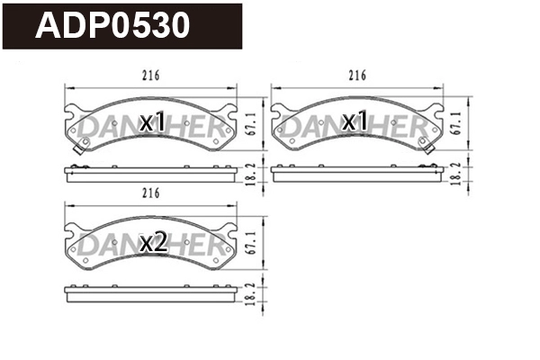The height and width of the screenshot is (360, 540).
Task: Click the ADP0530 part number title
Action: coord(112,26)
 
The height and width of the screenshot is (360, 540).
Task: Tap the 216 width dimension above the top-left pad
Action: coord(150,76)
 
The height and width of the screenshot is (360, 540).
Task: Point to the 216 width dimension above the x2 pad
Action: coord(150,193)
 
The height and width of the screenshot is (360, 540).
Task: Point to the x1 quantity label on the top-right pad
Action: coord(356,121)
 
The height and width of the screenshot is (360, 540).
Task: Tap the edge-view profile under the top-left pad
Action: coord(150,174)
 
